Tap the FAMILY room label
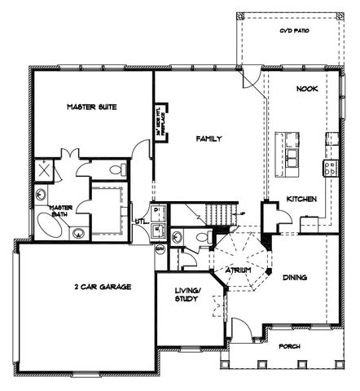(x=209, y=139)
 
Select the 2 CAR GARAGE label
(x=103, y=288)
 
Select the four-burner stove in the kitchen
(x=331, y=169)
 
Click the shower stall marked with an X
(x=43, y=172)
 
